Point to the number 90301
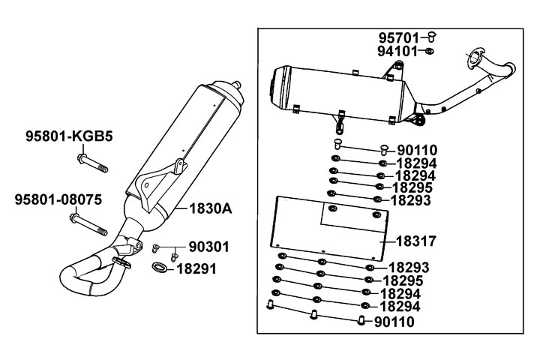click(x=208, y=247)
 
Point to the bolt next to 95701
click(x=432, y=36)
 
